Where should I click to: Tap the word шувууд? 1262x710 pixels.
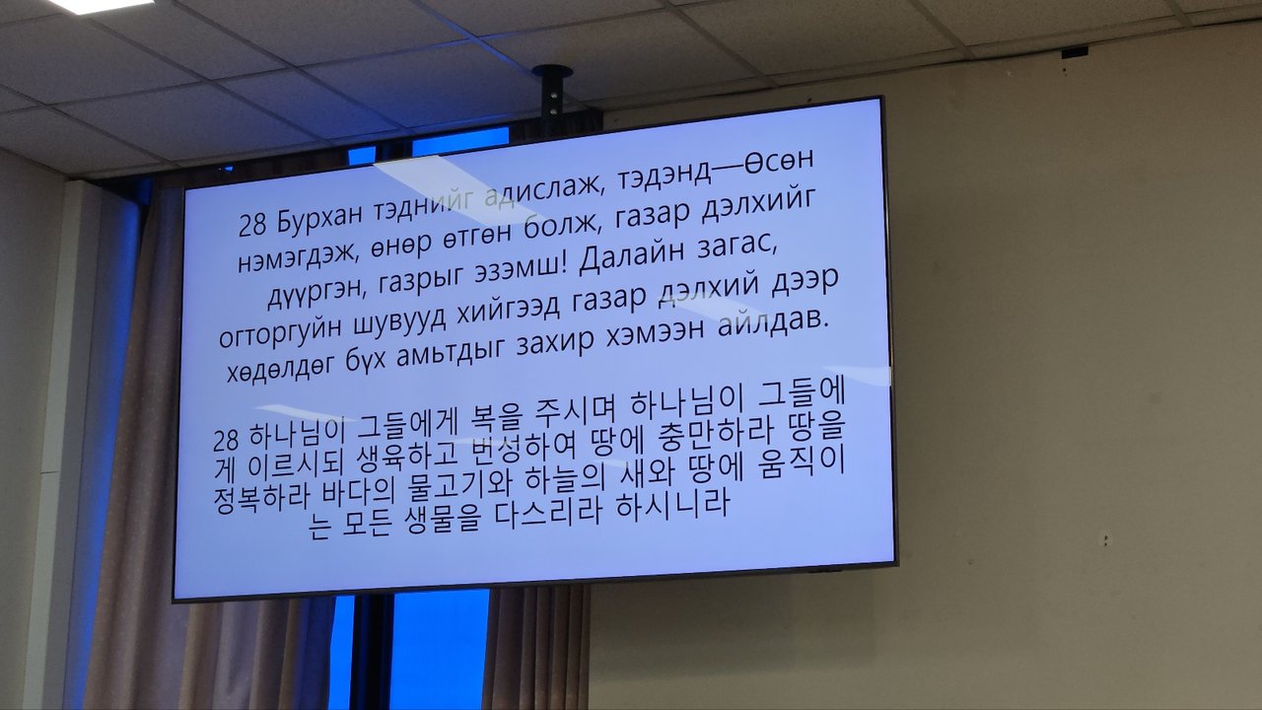point(399,320)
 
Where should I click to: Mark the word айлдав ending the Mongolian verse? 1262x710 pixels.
point(773,322)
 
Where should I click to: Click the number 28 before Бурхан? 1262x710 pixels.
point(251,225)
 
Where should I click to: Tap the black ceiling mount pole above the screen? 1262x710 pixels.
point(552,90)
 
